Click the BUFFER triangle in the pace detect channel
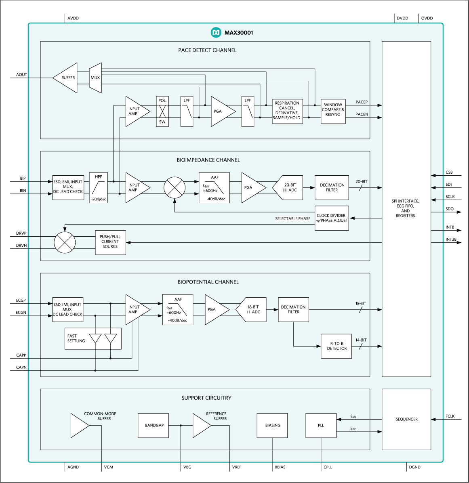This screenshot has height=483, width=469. [x=67, y=78]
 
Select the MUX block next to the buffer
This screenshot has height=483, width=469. [x=95, y=78]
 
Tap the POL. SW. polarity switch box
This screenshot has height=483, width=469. [x=162, y=111]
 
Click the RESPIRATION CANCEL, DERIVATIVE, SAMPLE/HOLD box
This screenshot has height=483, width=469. [x=287, y=111]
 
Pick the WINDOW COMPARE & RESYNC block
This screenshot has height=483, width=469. [x=333, y=110]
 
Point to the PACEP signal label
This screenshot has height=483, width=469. [x=362, y=102]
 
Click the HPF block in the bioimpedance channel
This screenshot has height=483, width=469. [x=99, y=188]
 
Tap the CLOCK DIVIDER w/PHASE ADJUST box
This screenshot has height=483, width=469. [x=332, y=218]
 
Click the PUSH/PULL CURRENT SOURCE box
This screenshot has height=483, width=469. [x=110, y=242]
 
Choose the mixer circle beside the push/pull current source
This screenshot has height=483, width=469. [x=65, y=242]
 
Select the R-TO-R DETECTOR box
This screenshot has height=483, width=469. [x=336, y=346]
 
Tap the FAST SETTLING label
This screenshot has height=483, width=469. [x=76, y=338]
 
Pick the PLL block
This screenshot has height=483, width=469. [x=321, y=425]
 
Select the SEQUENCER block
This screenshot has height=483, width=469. [x=406, y=419]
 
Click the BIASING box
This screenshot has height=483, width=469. [x=272, y=425]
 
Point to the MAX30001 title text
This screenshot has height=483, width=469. [x=238, y=33]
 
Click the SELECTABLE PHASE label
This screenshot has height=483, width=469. [x=292, y=219]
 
